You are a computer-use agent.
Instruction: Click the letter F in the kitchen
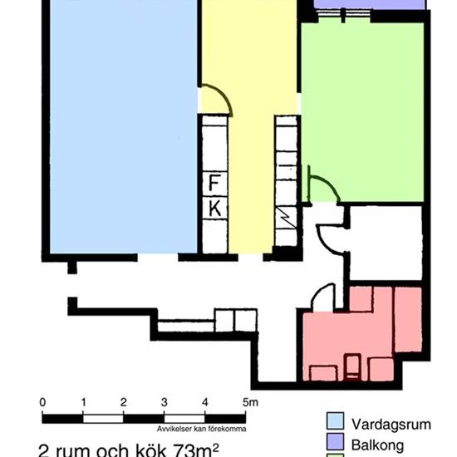pos(214,183)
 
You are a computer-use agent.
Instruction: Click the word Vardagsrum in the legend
pos(391,424)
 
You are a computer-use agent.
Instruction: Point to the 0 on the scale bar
pos(43,402)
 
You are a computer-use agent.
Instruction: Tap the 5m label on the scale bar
pos(249,402)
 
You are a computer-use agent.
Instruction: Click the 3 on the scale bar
pos(165,402)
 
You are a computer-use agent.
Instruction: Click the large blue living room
pos(122,125)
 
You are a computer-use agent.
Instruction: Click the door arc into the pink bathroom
pos(323,297)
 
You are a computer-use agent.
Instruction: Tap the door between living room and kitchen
pos(215,100)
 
